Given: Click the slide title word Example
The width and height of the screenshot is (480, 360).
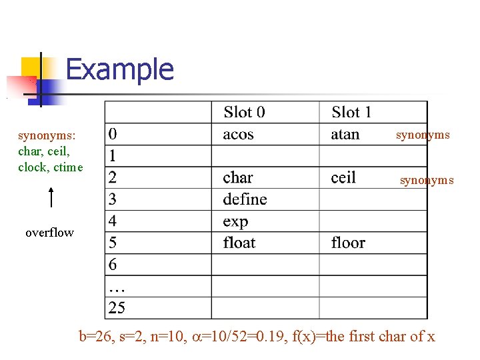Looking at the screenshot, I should coord(120,69).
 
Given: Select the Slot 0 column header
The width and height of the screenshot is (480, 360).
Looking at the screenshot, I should coord(244,112).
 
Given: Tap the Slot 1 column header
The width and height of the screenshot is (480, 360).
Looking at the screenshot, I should coord(351,112).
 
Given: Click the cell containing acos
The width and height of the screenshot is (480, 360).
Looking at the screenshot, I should coord(238,134).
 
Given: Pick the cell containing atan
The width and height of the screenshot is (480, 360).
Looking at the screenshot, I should coord(345,134).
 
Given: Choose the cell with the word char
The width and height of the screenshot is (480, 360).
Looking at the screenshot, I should coord(238,177).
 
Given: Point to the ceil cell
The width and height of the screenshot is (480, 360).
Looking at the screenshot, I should coord(343,177).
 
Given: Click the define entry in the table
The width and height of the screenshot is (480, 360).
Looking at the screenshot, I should coord(245,199).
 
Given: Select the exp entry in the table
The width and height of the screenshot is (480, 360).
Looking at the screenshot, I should coord(235,221).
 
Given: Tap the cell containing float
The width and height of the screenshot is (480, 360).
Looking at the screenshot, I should coord(239,242).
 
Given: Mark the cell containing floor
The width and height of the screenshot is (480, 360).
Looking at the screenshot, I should coord(348,242).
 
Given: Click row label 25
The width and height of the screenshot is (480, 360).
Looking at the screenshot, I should coord(117,307).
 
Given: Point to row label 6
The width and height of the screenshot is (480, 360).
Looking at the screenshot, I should coord(113,264).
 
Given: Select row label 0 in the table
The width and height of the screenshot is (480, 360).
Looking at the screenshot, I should coord(113,134).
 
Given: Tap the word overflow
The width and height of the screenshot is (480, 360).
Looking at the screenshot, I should coord(49,233).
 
